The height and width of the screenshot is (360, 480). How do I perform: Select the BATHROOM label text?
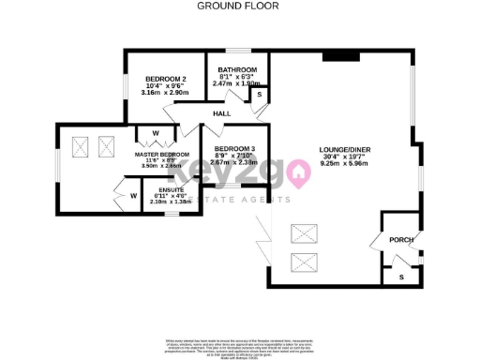click(x=238, y=70)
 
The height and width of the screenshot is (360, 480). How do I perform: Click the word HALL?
click(x=221, y=113)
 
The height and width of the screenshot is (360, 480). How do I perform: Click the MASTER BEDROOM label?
click(x=162, y=154)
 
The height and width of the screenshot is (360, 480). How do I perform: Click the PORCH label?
click(x=401, y=240)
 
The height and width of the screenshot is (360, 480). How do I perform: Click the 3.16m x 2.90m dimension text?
click(x=165, y=94)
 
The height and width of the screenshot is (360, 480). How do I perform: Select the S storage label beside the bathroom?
click(x=259, y=96)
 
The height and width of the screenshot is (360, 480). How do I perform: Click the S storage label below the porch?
click(x=401, y=275)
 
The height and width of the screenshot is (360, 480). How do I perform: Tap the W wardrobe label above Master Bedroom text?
click(x=156, y=133)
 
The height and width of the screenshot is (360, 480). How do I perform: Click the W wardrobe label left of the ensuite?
click(x=133, y=195)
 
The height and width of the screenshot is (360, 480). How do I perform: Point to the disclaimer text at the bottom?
click(x=240, y=345)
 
